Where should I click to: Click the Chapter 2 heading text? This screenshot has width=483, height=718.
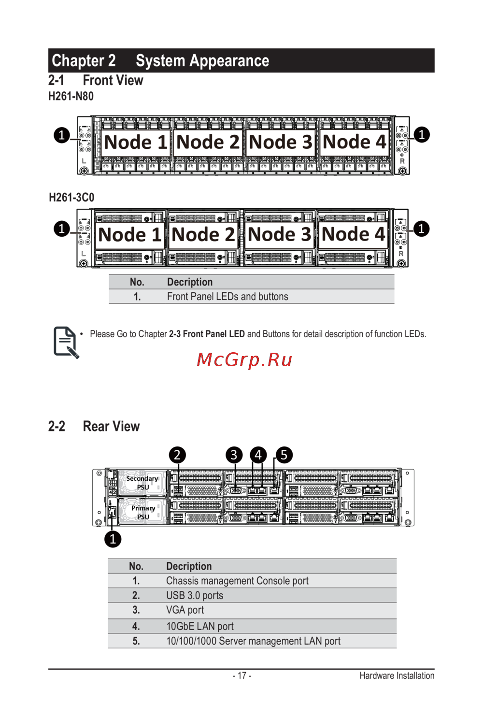coord(84,61)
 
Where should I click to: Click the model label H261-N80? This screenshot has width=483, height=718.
coord(71,96)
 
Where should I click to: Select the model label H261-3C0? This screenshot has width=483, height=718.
coord(71,198)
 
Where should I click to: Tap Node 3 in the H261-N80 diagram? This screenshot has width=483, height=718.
coord(281,142)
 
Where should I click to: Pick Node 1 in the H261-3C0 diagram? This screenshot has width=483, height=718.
coord(129,235)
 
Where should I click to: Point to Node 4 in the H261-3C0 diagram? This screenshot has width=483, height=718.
coord(354,234)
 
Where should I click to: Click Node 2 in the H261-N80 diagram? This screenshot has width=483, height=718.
coord(208,142)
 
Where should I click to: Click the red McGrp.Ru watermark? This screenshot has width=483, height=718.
coord(244,360)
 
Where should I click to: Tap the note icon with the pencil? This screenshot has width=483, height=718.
coord(66,342)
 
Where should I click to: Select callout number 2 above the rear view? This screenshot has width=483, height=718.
coord(177,455)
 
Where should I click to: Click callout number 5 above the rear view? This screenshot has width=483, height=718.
coord(284,455)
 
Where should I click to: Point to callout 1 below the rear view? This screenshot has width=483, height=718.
coord(113,539)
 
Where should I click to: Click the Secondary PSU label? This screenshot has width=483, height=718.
coord(142,483)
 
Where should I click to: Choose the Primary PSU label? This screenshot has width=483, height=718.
coord(143,512)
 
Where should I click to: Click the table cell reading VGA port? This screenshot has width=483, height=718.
coord(185,610)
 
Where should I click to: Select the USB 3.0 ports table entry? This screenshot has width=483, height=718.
coord(195,595)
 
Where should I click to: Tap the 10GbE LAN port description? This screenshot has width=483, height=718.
coord(200,626)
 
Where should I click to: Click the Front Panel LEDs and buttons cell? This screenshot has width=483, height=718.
coord(227,297)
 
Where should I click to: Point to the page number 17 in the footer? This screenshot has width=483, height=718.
coord(241,675)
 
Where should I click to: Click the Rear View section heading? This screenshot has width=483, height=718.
coord(111,426)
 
